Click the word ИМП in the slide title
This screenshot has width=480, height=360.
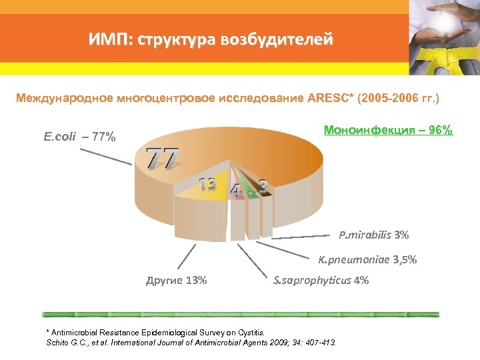pyautogui.click(x=109, y=40)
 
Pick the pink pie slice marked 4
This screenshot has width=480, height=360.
pyautogui.click(x=235, y=191)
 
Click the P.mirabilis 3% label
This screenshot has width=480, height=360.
pyautogui.click(x=373, y=235)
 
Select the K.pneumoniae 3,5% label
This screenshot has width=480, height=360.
pyautogui.click(x=367, y=259)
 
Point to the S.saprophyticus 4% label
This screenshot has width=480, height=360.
pyautogui.click(x=321, y=280)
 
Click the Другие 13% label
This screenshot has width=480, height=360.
pyautogui.click(x=176, y=280)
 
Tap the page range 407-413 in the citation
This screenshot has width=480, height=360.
pyautogui.click(x=322, y=342)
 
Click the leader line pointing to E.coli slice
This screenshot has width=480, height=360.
pyautogui.click(x=106, y=155)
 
